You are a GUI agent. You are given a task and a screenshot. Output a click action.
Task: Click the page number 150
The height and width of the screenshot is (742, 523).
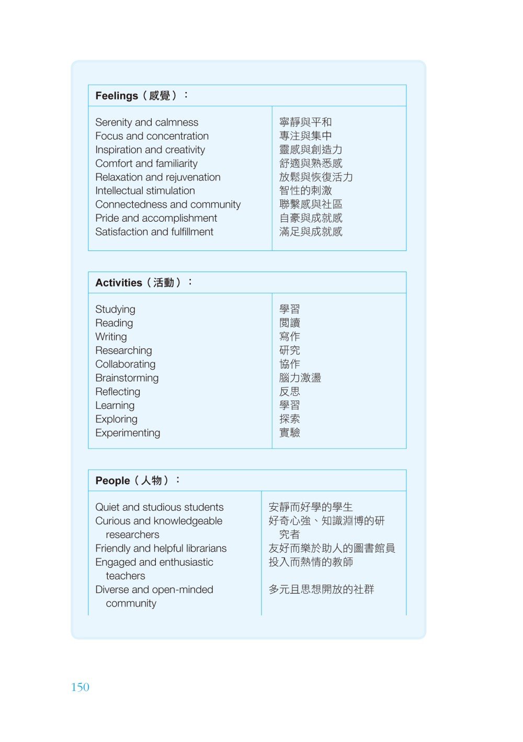click(x=80, y=687)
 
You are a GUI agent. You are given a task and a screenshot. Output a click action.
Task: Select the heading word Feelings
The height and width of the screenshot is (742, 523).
click(x=117, y=96)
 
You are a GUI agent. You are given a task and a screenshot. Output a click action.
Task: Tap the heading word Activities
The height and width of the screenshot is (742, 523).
click(x=119, y=283)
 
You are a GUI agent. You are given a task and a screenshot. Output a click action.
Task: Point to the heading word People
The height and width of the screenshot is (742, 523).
click(x=112, y=481)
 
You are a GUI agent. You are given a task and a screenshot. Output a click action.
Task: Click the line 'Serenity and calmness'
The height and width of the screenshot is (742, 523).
click(x=146, y=122)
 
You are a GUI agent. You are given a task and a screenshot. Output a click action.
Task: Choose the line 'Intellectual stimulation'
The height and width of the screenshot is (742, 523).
click(x=145, y=191)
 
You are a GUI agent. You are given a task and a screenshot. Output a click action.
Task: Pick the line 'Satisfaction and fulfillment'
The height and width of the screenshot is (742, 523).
click(x=154, y=232)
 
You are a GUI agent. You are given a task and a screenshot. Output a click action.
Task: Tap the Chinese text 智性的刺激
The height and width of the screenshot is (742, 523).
click(x=305, y=191)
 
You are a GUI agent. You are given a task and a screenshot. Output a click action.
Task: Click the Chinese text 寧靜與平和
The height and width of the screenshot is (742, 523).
click(x=305, y=122)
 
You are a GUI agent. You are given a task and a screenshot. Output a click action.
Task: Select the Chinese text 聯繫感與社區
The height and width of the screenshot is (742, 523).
click(x=311, y=204)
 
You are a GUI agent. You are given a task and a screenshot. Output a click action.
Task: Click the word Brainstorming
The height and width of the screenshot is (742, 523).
click(x=127, y=378)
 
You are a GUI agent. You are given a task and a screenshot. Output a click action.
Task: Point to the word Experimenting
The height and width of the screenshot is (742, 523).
click(x=128, y=433)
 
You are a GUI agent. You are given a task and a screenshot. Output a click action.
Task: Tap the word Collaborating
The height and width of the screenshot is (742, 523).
click(x=125, y=364)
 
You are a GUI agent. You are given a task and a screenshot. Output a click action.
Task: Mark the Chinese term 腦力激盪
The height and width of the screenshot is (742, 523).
click(x=300, y=378)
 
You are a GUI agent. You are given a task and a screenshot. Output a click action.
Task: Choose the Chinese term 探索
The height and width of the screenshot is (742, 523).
click(x=290, y=419)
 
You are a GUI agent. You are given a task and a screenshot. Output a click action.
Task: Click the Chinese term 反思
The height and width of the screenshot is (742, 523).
click(x=290, y=392)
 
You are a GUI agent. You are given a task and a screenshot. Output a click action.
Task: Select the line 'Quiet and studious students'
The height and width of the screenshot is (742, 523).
click(x=159, y=507)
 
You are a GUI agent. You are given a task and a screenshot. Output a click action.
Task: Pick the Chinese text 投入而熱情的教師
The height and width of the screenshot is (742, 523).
click(x=311, y=562)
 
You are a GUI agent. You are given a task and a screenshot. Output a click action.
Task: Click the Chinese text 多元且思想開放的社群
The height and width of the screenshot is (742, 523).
click(x=321, y=590)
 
